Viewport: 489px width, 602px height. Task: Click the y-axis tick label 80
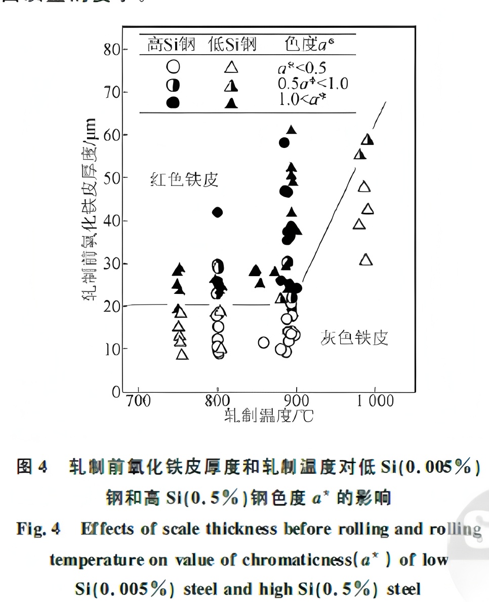pos(112,50)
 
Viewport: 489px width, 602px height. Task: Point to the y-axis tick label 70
pos(112,92)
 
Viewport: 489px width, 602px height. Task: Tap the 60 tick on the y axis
pos(112,135)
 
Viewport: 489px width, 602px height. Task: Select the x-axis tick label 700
pos(137,401)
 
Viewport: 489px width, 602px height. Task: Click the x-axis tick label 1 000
pos(374,401)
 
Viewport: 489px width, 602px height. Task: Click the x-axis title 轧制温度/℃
pos(269,416)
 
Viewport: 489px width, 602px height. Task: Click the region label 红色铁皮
pos(184,179)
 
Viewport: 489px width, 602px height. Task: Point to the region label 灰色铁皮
pos(354,337)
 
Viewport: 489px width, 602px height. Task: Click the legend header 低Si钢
pos(232,45)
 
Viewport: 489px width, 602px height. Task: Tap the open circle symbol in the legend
pos(173,67)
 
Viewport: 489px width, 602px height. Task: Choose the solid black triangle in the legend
pos(231,103)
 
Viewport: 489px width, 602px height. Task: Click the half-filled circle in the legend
pos(173,85)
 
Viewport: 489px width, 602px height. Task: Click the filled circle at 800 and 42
pos(217,212)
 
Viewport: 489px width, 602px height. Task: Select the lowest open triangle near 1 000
pos(366,260)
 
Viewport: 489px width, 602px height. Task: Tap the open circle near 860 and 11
pos(263,343)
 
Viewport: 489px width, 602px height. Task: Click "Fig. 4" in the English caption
pos(38,529)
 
